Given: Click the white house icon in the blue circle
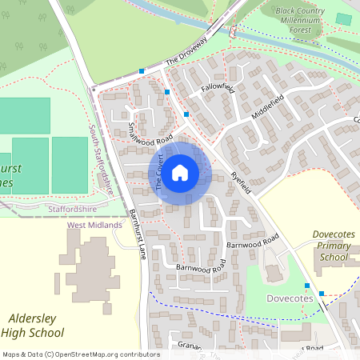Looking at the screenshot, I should pyautogui.click(x=180, y=172).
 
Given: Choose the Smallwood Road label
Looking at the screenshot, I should pyautogui.click(x=151, y=130).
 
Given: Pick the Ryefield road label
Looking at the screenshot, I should pyautogui.click(x=240, y=182).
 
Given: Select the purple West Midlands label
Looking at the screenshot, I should pyautogui.click(x=94, y=226).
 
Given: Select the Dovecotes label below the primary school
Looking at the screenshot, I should pyautogui.click(x=289, y=298).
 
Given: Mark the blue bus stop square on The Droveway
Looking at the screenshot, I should pyautogui.click(x=142, y=71).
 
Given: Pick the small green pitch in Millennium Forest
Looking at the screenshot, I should pyautogui.click(x=343, y=18).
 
